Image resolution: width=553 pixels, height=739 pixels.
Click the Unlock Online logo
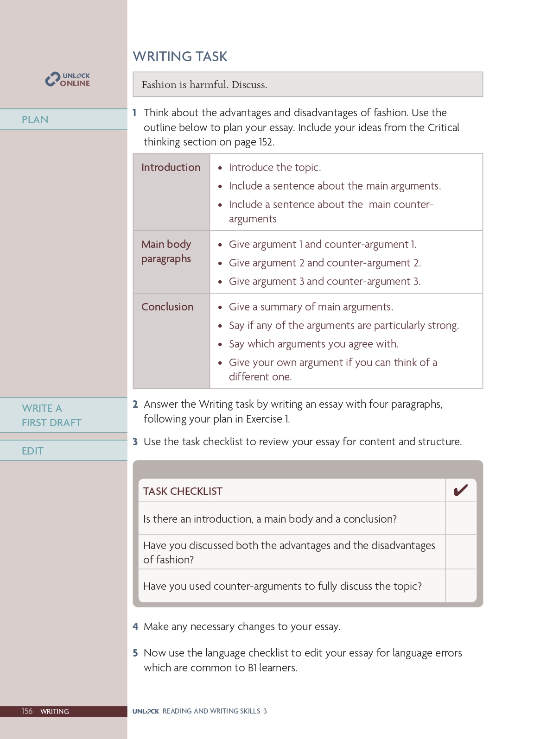[x=68, y=80]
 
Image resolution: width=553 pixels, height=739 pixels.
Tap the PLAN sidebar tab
[x=35, y=120]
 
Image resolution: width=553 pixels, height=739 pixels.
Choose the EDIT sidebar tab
[x=32, y=451]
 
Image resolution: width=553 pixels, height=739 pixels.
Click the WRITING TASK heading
[x=180, y=57]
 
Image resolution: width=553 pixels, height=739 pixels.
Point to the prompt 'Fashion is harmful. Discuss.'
[x=204, y=85]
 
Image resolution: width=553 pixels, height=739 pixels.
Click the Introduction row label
[x=171, y=167]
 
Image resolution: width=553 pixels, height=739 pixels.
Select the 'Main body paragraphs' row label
[x=166, y=251]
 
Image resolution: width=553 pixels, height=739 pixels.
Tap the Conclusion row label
[x=167, y=307]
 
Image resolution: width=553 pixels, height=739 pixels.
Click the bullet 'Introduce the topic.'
[x=275, y=167]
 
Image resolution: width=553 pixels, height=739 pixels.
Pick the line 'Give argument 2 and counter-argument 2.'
[x=325, y=263]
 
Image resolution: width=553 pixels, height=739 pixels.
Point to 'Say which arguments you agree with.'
[x=314, y=344]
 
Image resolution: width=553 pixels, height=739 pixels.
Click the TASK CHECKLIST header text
[x=183, y=491]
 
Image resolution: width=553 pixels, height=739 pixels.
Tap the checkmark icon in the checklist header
[x=460, y=490]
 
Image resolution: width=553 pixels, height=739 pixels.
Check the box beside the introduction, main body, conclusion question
[x=460, y=518]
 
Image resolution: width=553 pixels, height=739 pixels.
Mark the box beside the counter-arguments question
[x=460, y=586]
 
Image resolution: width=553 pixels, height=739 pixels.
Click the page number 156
[x=27, y=711]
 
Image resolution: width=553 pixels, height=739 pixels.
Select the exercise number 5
[x=135, y=653]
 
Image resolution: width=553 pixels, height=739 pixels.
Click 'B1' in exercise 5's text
[x=252, y=668]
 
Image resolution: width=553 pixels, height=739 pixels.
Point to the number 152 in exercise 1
[x=266, y=142]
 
